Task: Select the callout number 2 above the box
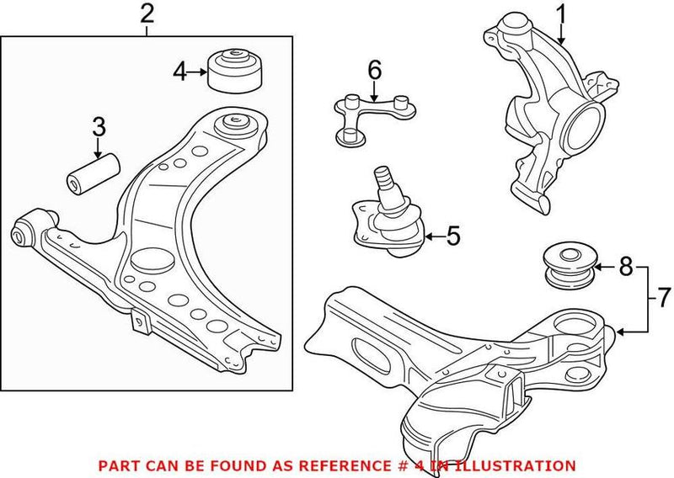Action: pyautogui.click(x=147, y=13)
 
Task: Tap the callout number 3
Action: pyautogui.click(x=99, y=128)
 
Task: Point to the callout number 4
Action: pyautogui.click(x=179, y=72)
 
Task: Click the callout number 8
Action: pyautogui.click(x=624, y=268)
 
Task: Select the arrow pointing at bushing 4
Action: pyautogui.click(x=198, y=72)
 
